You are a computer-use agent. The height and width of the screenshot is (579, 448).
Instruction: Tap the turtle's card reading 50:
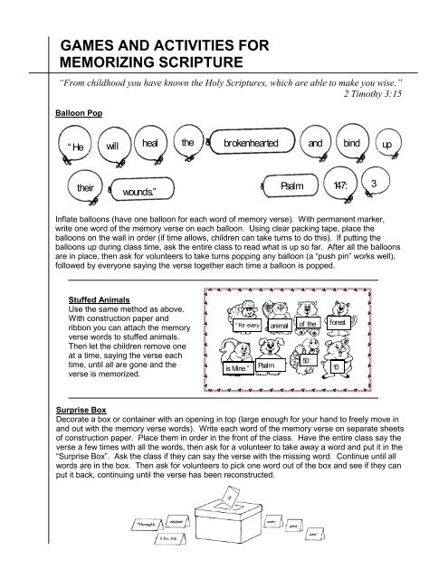click(x=308, y=363)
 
